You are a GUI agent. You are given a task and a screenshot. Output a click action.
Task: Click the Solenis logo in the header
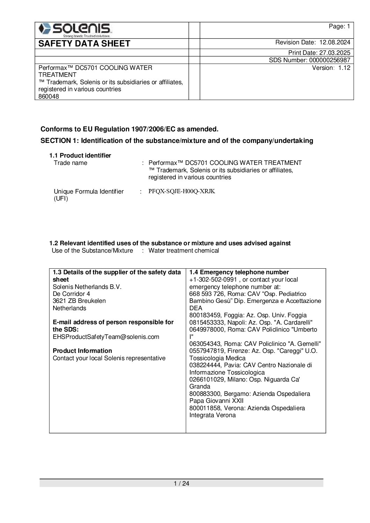tap(75, 30)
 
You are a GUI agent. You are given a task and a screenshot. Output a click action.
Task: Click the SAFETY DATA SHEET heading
tap(84, 44)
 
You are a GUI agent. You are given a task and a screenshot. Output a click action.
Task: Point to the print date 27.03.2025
tap(335, 53)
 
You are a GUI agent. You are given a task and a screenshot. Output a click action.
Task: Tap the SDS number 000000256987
tap(330, 60)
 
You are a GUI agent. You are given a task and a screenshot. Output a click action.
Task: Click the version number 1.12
tap(344, 68)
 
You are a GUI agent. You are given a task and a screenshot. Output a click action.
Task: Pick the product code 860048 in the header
tap(49, 96)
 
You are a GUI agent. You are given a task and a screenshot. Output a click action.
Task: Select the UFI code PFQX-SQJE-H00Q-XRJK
tap(182, 191)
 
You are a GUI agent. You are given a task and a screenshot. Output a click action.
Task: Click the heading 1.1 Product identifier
tap(80, 155)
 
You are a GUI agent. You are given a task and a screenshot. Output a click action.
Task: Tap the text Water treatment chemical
tap(183, 250)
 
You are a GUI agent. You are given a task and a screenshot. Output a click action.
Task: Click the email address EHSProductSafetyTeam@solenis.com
tap(106, 337)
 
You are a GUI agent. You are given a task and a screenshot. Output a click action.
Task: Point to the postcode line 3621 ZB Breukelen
tap(79, 301)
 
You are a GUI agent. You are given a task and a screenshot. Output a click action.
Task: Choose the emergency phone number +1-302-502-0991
tap(213, 279)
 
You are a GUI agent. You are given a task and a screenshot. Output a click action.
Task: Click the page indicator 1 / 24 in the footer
tap(181, 484)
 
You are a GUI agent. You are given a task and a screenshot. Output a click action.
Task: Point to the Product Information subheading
tap(82, 351)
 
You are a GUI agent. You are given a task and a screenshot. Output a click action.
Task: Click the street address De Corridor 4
tap(71, 294)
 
